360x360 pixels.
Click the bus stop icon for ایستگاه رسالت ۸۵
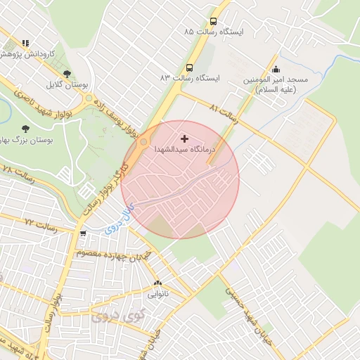pos(213,21)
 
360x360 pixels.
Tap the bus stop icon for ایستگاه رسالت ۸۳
pos(189,67)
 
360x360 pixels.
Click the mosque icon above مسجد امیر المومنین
pos(276,69)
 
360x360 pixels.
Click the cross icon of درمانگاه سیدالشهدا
pos(185,139)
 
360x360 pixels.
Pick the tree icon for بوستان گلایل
pos(67,73)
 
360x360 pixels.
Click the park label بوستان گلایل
pos(66,84)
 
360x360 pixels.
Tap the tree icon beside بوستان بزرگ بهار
pos(26,129)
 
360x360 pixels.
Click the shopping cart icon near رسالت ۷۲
pos(84,233)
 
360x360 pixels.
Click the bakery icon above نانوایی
pos(157,284)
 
